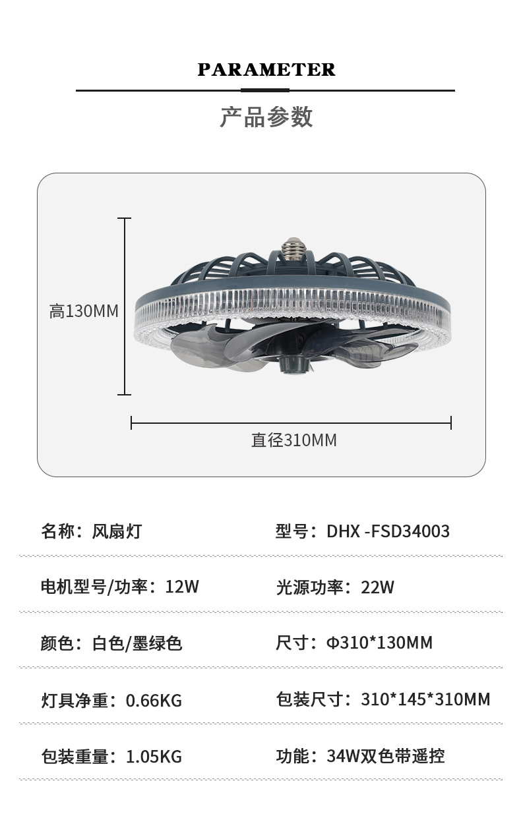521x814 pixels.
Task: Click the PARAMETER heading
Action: [266, 70]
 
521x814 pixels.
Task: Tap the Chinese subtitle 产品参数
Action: [266, 117]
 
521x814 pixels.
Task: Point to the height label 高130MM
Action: [84, 311]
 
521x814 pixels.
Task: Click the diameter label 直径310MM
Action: [293, 440]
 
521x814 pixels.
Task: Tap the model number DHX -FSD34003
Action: [388, 531]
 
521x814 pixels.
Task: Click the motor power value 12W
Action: [182, 587]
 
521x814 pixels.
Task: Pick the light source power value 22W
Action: [377, 587]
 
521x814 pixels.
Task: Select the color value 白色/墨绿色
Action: [137, 643]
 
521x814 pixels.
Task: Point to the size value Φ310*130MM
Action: [379, 643]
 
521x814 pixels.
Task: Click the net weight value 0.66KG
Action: [154, 700]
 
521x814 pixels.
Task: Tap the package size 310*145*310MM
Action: [425, 699]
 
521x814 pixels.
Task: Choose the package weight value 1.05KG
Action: [154, 757]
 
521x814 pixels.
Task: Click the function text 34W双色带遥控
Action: [386, 756]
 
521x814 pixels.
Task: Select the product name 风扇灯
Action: [117, 531]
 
